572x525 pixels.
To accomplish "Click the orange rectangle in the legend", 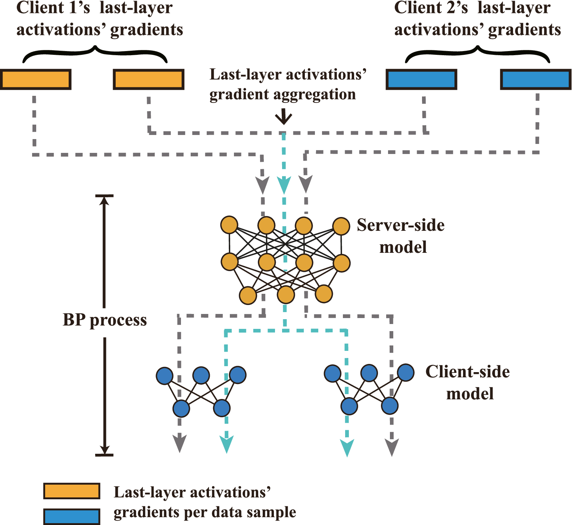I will (x=72, y=491).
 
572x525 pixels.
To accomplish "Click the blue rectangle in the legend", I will (x=72, y=517).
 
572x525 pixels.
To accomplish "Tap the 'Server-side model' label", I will (x=401, y=236).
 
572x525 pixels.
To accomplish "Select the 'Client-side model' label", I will (x=468, y=383).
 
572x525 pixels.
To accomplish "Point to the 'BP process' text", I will (x=105, y=320).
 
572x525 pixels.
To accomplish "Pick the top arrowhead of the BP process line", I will (x=104, y=200).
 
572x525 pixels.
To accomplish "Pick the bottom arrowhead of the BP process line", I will (x=104, y=450).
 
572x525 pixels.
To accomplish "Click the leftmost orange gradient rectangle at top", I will (x=36, y=79).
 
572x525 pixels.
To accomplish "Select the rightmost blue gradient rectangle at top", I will (x=536, y=79).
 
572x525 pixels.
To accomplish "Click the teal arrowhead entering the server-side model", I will (x=284, y=186).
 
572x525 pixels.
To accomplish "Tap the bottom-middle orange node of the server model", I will (x=286, y=295).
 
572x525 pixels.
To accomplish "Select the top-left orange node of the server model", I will (x=229, y=225).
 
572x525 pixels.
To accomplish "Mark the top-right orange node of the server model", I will (x=341, y=226).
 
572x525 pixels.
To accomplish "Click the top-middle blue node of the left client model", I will (x=201, y=375).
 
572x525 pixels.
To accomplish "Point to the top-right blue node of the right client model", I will (x=406, y=372).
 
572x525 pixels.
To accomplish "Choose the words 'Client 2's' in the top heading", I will (x=431, y=8).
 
